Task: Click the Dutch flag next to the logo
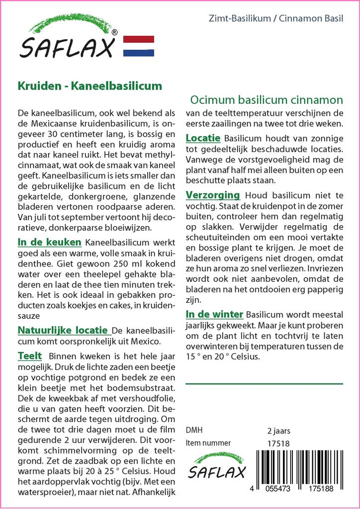click(138, 46)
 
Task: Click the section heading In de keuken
click(49, 243)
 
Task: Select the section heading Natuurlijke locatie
click(63, 330)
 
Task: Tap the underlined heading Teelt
click(29, 356)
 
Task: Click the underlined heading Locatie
click(203, 137)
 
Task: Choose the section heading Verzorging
click(213, 195)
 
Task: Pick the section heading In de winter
click(214, 314)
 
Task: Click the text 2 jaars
click(279, 430)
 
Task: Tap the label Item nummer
click(208, 443)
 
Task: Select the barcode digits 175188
click(320, 489)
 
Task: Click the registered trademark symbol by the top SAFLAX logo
click(115, 32)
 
